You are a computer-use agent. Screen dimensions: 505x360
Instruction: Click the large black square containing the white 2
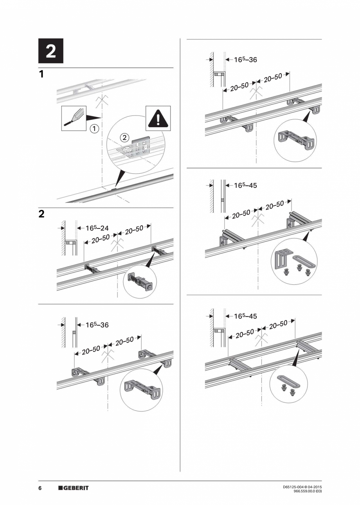point(50,51)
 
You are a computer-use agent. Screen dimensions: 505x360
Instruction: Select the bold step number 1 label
point(41,74)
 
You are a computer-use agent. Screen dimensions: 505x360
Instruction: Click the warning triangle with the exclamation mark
point(158,118)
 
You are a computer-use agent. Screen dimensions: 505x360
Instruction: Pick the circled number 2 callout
point(124,137)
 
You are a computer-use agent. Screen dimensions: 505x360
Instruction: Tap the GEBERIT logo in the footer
point(74,488)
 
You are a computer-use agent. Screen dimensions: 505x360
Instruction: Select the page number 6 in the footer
point(40,488)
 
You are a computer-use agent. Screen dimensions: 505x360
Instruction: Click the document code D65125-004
point(293,487)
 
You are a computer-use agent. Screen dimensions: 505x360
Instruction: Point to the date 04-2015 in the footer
point(315,487)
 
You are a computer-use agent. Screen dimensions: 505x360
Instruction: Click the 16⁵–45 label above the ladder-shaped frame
point(245,316)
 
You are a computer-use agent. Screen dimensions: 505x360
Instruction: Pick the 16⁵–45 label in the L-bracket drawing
point(245,185)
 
